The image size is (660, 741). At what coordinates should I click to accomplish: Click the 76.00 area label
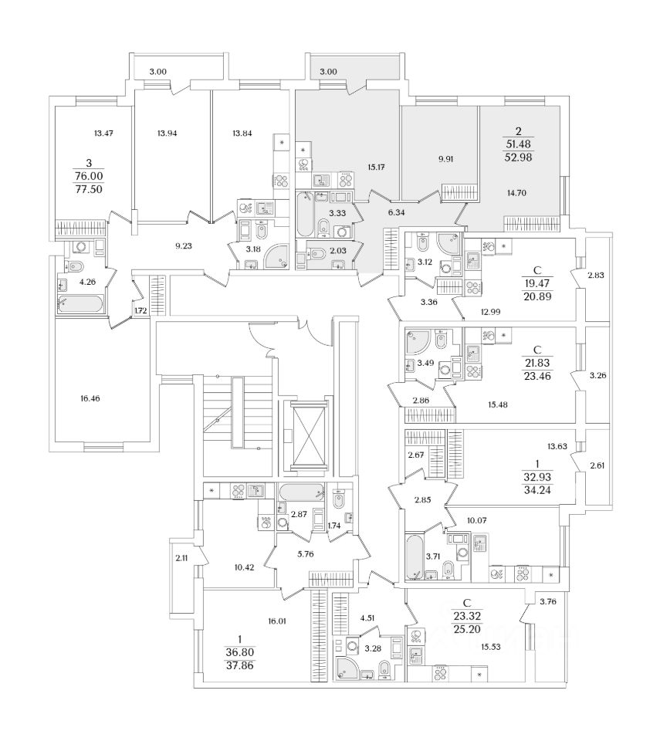89,176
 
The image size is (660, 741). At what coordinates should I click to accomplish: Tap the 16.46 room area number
90,398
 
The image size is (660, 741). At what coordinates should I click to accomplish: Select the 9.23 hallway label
184,245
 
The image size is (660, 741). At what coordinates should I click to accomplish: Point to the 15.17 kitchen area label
376,167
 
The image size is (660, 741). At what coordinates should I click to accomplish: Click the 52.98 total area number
518,157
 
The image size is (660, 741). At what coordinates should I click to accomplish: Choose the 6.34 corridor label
396,213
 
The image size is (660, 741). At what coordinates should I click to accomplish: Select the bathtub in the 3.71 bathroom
415,557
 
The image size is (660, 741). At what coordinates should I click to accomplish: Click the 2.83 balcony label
596,275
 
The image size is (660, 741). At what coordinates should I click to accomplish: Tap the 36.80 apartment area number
240,652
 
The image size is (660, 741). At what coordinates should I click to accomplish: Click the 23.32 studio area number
466,616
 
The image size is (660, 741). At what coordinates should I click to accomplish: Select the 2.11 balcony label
181,558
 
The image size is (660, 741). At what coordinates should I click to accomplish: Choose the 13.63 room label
557,445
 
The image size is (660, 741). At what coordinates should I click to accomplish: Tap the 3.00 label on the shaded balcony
329,72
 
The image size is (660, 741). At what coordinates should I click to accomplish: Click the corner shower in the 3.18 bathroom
275,258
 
